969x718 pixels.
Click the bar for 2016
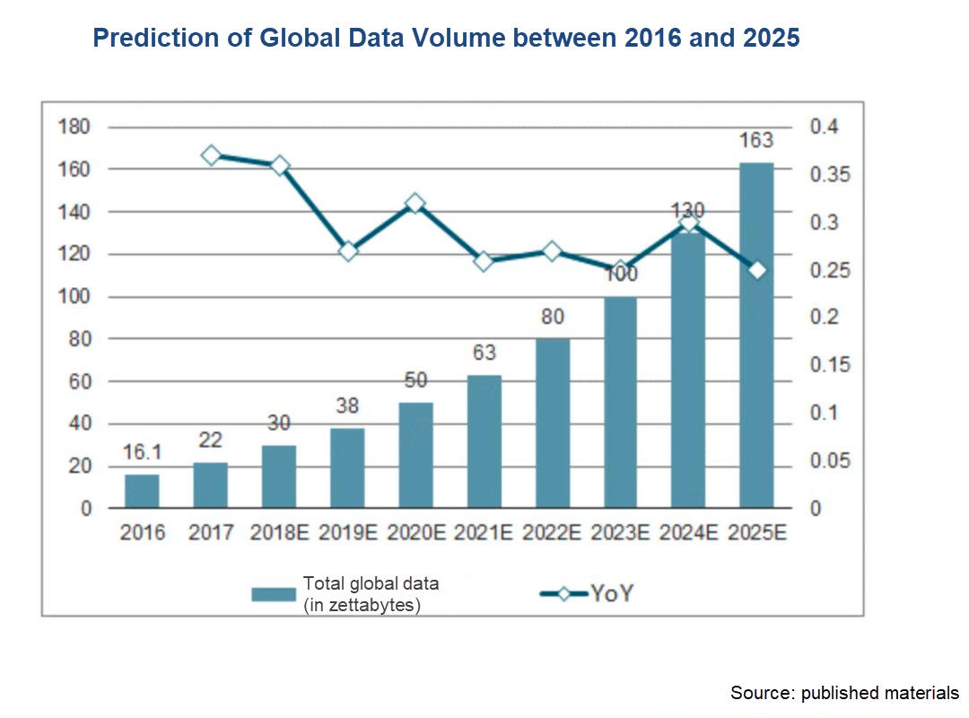pos(142,491)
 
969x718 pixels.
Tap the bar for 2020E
pos(415,455)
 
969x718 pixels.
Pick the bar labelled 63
pos(484,442)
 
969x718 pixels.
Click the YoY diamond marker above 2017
pos(211,155)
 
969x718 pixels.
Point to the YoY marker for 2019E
pos(347,251)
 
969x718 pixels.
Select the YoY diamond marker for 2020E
pos(415,204)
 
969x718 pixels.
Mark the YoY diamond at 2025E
pos(756,270)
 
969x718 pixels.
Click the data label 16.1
pos(142,454)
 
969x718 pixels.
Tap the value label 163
pos(756,141)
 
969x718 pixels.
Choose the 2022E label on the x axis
pos(553,532)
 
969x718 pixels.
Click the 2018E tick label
pos(279,532)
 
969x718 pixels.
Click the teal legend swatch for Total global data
pos(273,594)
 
